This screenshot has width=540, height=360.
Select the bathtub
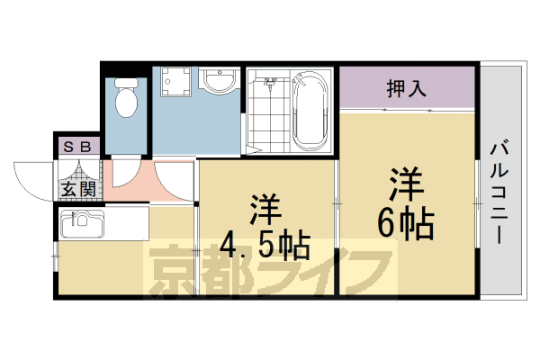(310, 112)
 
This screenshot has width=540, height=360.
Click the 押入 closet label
(406, 89)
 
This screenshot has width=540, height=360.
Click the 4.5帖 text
(265, 244)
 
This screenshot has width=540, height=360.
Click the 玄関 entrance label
(78, 189)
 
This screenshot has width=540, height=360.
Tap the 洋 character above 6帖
(407, 183)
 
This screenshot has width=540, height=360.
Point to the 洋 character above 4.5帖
(265, 209)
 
